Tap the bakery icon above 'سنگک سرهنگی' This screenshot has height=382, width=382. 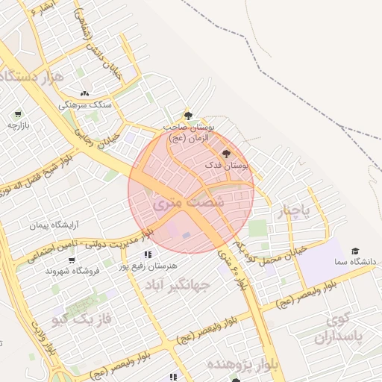[x=84, y=93]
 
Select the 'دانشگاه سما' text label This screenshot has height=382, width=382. [x=354, y=263]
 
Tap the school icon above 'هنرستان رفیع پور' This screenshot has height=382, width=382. [x=146, y=254]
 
